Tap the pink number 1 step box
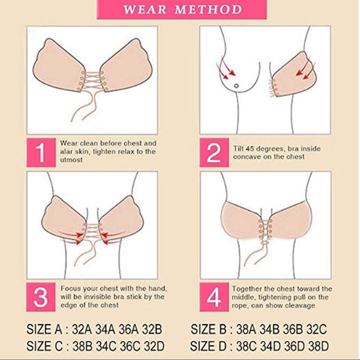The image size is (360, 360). pyautogui.click(x=41, y=151)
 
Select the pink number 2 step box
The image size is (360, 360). pyautogui.click(x=214, y=151)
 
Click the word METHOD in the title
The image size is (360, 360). pyautogui.click(x=211, y=10)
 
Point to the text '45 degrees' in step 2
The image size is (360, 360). pyautogui.click(x=261, y=146)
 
